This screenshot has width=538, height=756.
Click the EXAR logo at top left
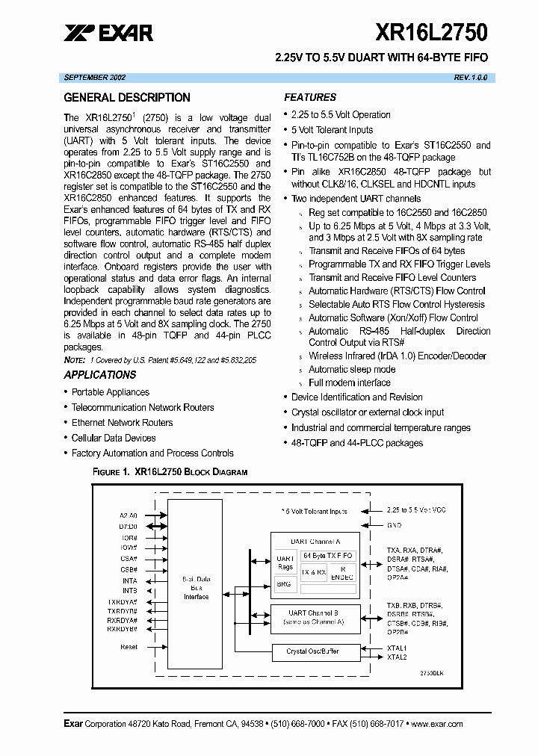[x=109, y=33]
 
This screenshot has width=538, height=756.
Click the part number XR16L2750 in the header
[x=432, y=32]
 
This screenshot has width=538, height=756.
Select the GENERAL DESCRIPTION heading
[x=126, y=98]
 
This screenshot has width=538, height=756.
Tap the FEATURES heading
[x=310, y=98]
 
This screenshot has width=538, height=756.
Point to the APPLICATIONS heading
[x=100, y=375]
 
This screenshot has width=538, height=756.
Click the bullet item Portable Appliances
[x=110, y=392]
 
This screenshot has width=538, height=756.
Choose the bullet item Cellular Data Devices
[x=114, y=438]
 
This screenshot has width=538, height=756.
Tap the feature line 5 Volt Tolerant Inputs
[x=332, y=130]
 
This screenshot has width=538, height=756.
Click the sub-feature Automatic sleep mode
[x=352, y=370]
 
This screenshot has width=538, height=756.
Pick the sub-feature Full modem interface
[x=349, y=383]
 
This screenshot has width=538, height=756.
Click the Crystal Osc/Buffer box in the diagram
[x=312, y=651]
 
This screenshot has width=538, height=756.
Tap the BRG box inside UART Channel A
[x=284, y=583]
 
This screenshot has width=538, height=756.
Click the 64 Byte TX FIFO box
[x=328, y=556]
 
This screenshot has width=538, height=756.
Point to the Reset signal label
[x=129, y=647]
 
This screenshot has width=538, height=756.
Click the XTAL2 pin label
[x=397, y=657]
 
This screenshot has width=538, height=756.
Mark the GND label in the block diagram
[x=394, y=525]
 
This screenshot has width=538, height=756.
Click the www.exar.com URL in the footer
[x=436, y=724]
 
